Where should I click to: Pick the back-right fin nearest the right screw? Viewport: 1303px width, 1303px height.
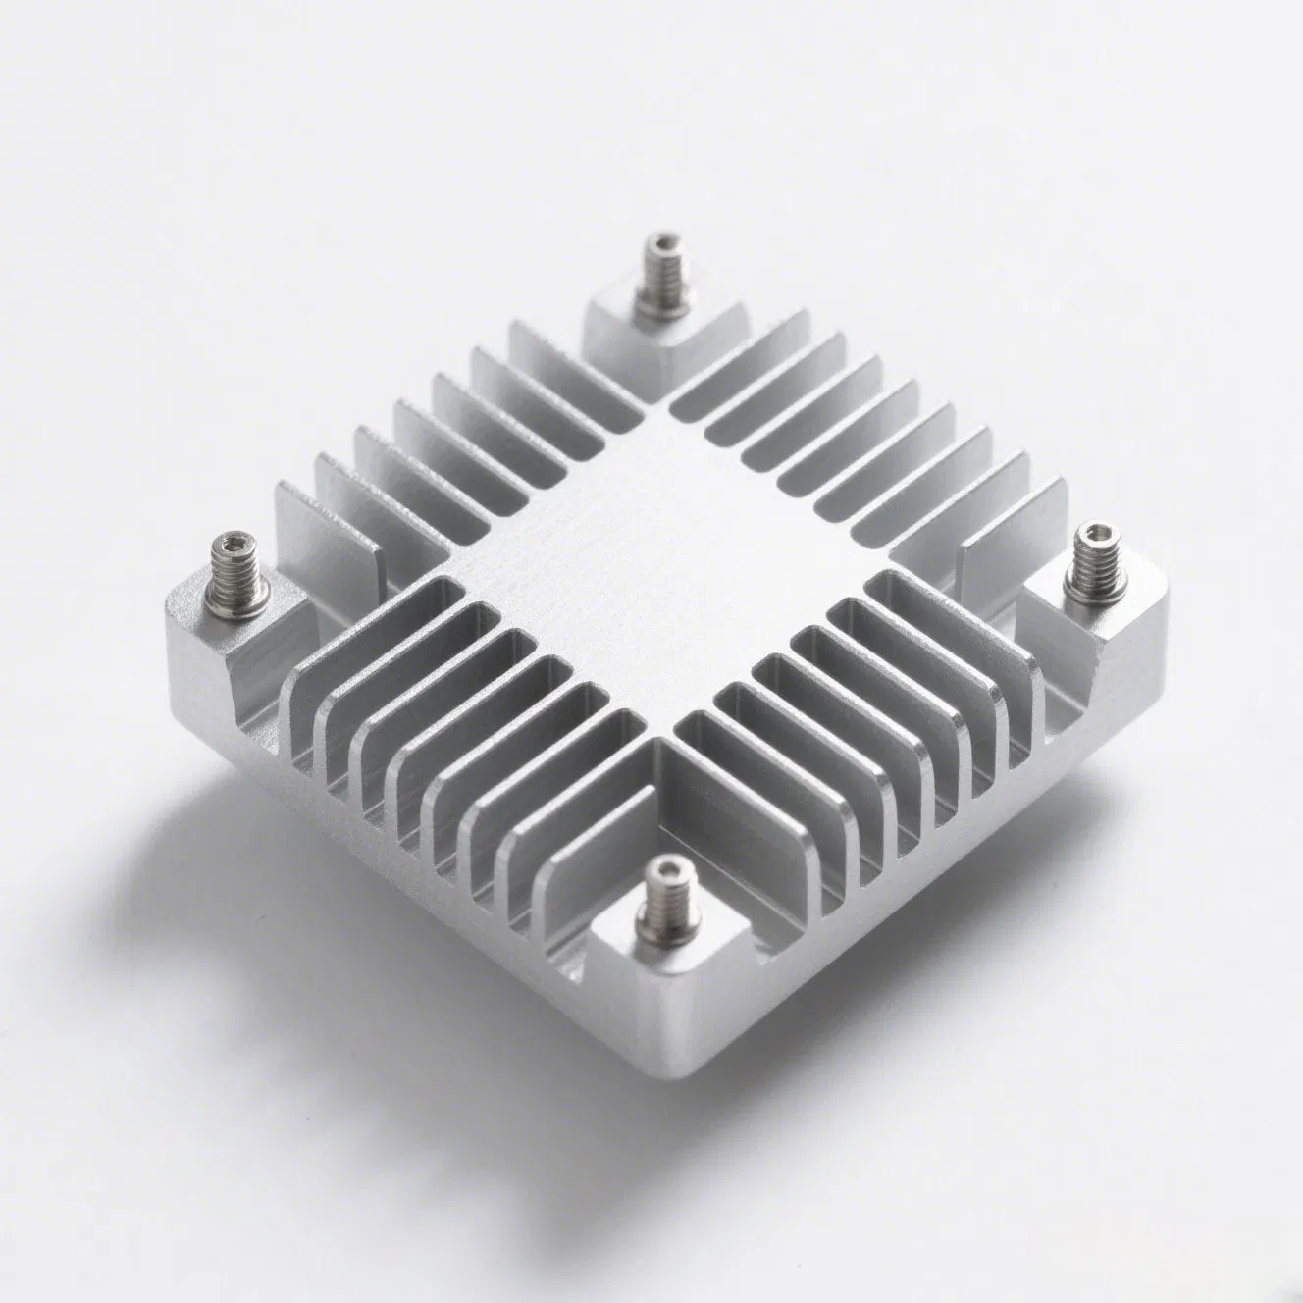(1011, 569)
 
